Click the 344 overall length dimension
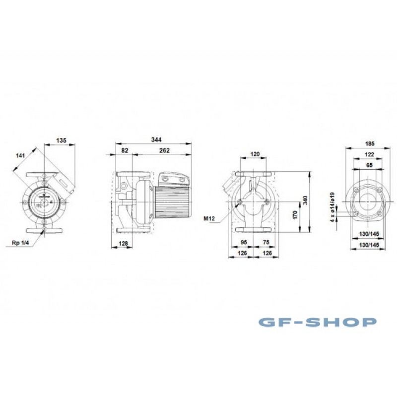click(x=156, y=139)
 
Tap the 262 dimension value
click(x=164, y=150)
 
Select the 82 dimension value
click(x=125, y=150)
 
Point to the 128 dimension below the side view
click(x=123, y=244)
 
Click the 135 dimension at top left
click(x=61, y=140)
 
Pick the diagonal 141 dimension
click(x=20, y=155)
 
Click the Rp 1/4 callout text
click(x=21, y=243)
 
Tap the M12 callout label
click(x=209, y=218)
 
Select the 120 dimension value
click(x=255, y=154)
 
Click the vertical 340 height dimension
click(x=305, y=200)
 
